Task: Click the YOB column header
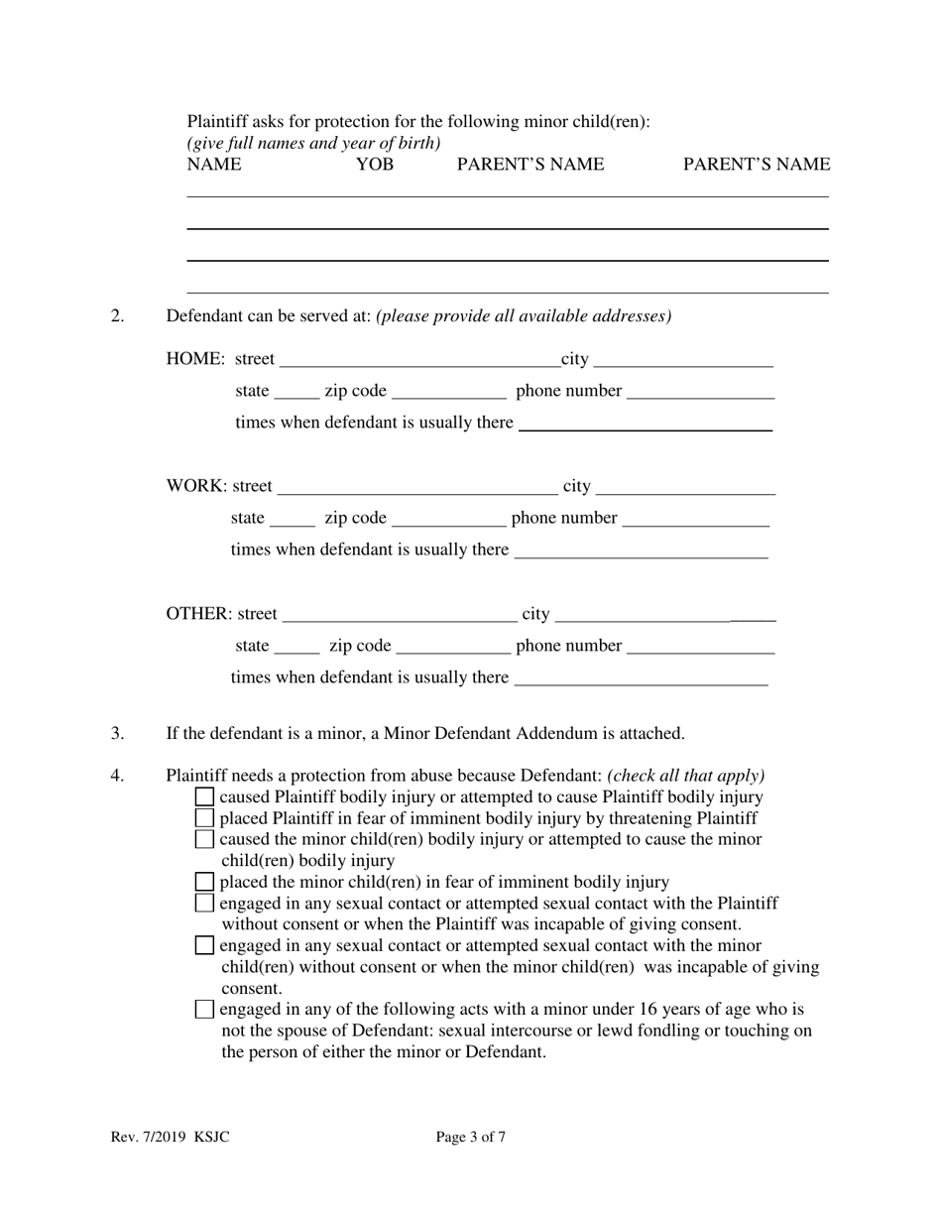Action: click(374, 165)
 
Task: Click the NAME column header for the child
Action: click(213, 165)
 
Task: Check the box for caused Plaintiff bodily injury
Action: click(204, 796)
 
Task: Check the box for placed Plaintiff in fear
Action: click(204, 818)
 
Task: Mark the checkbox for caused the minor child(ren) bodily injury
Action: click(204, 839)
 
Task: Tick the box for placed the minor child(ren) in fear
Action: click(204, 882)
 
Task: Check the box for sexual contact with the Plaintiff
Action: click(204, 903)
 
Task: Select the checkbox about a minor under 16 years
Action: click(204, 1010)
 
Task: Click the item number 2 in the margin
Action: click(118, 316)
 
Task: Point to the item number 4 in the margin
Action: click(118, 776)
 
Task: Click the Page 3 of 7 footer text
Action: click(471, 1138)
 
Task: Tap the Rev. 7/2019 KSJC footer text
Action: click(171, 1138)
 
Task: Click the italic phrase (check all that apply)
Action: click(686, 776)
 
